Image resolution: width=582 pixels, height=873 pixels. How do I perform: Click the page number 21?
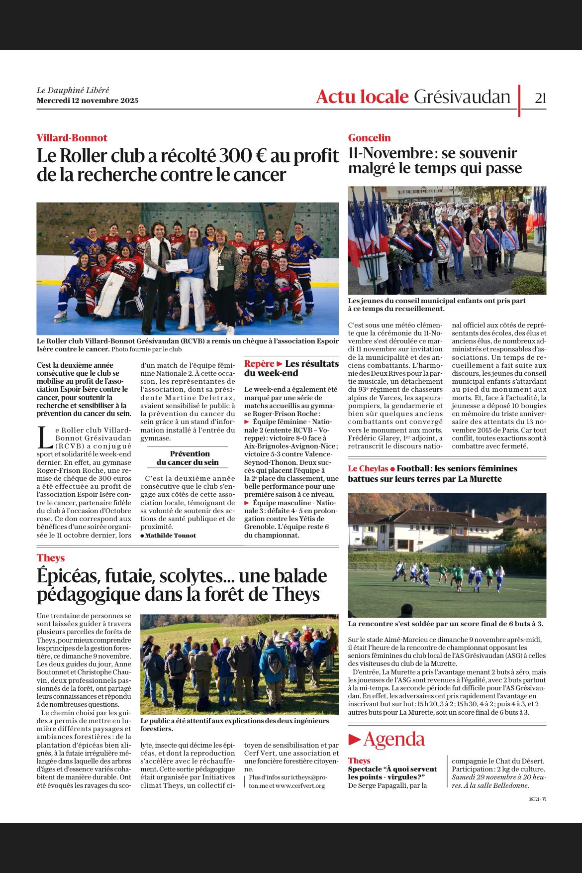(540, 98)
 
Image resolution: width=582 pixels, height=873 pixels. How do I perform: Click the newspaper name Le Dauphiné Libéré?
(73, 90)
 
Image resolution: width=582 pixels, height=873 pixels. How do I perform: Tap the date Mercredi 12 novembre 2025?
(88, 101)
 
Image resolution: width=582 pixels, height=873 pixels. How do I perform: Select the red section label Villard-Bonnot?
(72, 138)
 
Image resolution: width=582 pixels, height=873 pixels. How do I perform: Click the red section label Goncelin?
(369, 138)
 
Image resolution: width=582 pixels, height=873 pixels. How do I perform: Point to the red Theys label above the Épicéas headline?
(51, 558)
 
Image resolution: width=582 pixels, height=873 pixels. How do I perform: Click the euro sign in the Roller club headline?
(258, 156)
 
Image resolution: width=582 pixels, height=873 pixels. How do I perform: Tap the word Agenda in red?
(394, 740)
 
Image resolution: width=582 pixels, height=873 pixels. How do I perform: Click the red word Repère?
(259, 364)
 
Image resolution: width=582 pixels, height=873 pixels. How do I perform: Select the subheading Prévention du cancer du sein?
(188, 458)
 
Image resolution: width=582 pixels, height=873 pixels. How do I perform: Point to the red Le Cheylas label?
(368, 468)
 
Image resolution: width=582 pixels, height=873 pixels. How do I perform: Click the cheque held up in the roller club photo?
(177, 265)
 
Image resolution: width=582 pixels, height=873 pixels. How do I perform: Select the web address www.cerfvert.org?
(300, 785)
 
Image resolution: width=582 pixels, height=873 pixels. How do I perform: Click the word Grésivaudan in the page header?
(462, 97)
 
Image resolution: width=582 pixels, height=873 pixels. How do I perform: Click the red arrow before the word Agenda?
(354, 740)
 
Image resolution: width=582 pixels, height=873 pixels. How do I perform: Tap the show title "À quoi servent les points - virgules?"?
(392, 773)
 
